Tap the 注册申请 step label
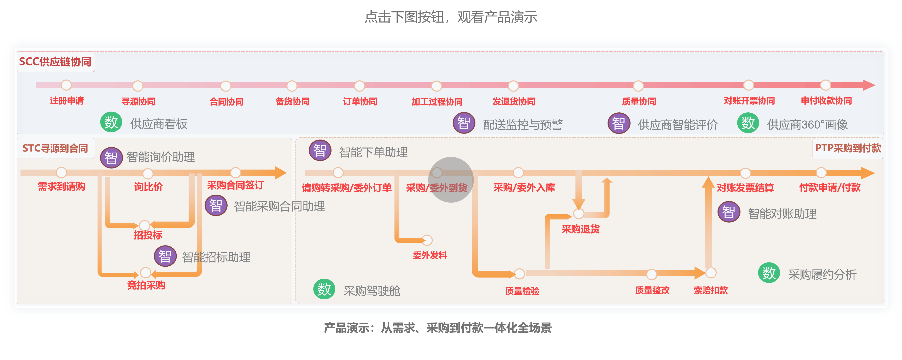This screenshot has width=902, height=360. click(x=66, y=101)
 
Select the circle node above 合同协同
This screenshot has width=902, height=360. click(x=226, y=86)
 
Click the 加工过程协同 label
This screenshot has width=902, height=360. click(x=437, y=102)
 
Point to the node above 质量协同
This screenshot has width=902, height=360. click(x=638, y=86)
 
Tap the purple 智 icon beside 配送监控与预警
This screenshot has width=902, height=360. click(x=464, y=123)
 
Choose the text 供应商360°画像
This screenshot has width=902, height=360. click(x=807, y=125)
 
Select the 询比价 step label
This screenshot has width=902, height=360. click(x=148, y=187)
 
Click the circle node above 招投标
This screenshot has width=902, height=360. click(x=145, y=225)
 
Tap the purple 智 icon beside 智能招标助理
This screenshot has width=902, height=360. click(x=165, y=256)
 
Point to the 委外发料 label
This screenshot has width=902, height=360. click(x=430, y=255)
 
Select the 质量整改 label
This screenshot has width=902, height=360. click(x=652, y=290)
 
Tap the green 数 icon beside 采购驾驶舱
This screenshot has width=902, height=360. click(x=324, y=289)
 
